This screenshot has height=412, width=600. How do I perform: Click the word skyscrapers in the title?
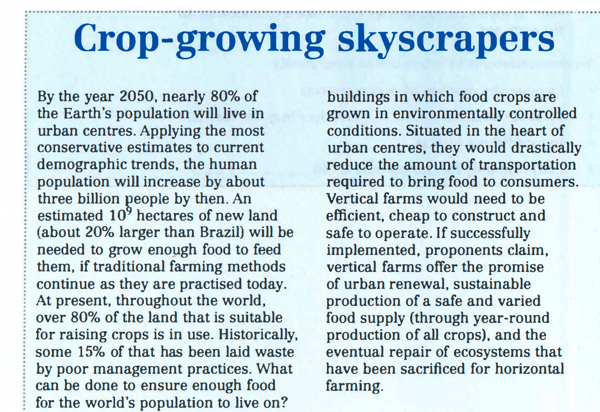point(446,39)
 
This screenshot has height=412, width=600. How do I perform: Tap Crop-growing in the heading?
point(199,39)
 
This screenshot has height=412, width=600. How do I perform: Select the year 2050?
point(138,97)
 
